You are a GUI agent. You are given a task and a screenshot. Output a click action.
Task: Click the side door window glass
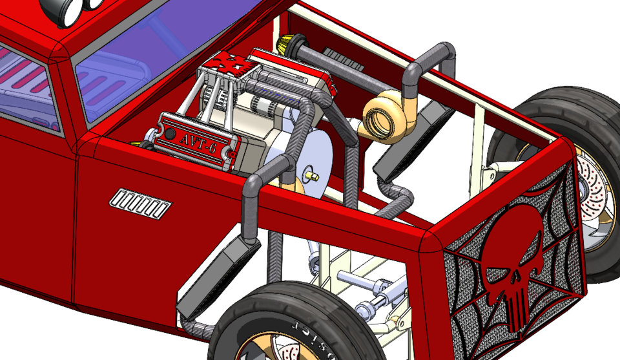[x=26, y=84]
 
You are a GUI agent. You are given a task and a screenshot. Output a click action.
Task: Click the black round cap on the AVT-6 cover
[x=170, y=134]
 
